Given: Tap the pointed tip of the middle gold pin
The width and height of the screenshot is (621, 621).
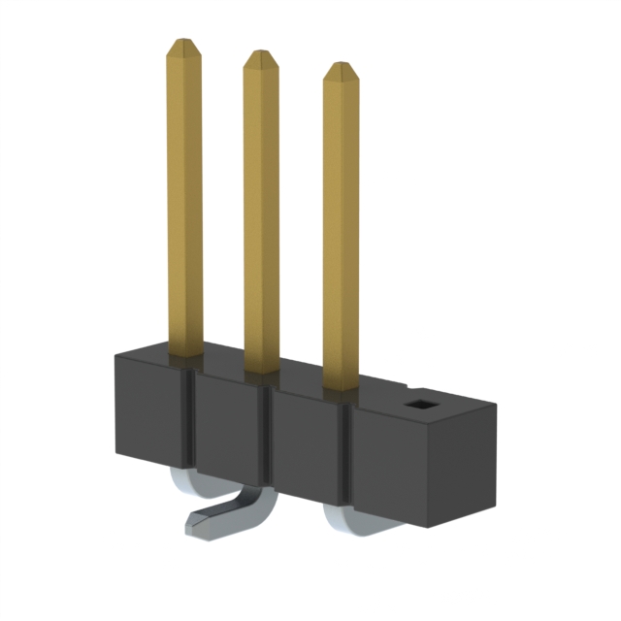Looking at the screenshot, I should coord(260,57).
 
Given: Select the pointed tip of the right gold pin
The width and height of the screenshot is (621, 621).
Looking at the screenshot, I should coord(340,70).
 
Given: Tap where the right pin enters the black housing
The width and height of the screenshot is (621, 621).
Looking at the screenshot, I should coord(341,388).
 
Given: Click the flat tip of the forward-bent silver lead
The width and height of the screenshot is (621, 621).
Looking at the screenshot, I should coord(198,525).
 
